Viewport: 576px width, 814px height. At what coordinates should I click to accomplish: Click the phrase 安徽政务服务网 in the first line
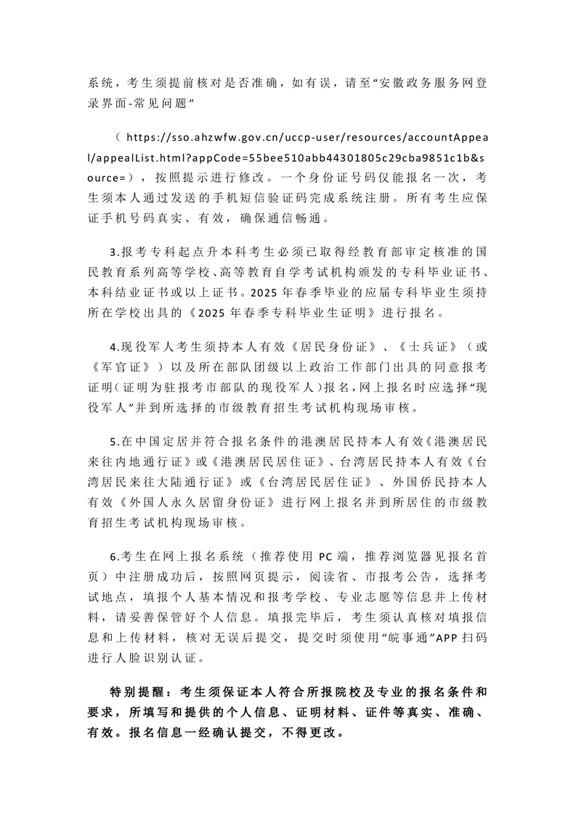point(421,83)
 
